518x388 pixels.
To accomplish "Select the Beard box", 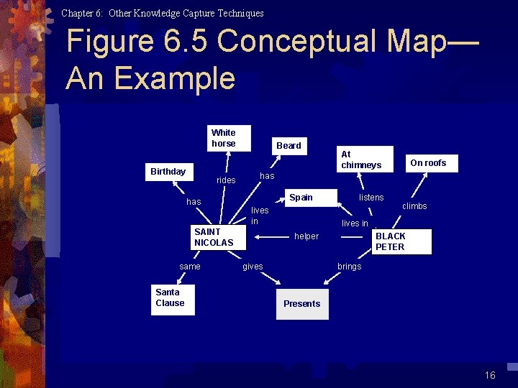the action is point(289,146).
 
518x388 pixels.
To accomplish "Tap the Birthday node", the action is point(168,172).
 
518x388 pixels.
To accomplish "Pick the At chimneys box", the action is point(365,160).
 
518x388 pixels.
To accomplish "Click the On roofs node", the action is point(428,163).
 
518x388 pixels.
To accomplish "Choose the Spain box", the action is point(301,198).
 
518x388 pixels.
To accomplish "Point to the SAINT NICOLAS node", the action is point(214,237).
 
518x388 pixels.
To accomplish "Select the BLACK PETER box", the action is point(401,241).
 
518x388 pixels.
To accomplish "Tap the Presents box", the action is point(302,304).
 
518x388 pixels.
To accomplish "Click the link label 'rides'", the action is point(226,180).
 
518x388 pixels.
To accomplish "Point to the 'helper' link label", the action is point(306,236).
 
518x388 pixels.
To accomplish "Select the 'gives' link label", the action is point(253,267).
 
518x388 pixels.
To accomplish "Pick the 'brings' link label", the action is point(350,267).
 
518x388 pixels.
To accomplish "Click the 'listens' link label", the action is point(371,198).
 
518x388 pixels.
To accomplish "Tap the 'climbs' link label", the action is point(414,206).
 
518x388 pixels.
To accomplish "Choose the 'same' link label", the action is point(190,267).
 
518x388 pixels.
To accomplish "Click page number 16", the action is point(490,375).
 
